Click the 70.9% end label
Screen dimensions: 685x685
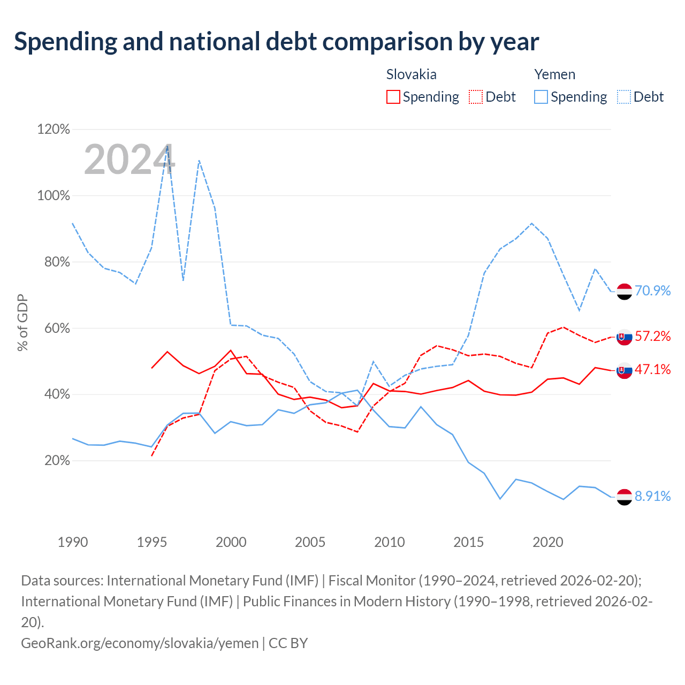pyautogui.click(x=652, y=291)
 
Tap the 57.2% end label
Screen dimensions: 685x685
pyautogui.click(x=652, y=336)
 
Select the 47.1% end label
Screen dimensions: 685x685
pyautogui.click(x=652, y=369)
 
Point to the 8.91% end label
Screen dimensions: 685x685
pyautogui.click(x=652, y=496)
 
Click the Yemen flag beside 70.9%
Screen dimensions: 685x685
pyautogui.click(x=624, y=292)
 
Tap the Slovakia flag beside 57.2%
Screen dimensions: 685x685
pyautogui.click(x=624, y=337)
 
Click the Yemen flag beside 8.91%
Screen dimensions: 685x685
pyautogui.click(x=624, y=497)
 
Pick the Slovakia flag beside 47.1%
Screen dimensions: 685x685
pyautogui.click(x=624, y=370)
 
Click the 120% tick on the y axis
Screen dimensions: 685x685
pyautogui.click(x=54, y=129)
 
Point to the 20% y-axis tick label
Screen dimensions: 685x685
pyautogui.click(x=57, y=461)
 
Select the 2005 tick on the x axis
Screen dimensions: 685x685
pyautogui.click(x=310, y=542)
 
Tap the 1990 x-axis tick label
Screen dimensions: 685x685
pyautogui.click(x=73, y=542)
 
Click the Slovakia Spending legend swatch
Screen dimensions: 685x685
pyautogui.click(x=393, y=97)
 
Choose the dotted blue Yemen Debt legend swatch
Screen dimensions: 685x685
pyautogui.click(x=624, y=97)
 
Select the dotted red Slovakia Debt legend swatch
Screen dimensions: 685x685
pyautogui.click(x=476, y=97)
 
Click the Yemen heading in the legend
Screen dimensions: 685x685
pyautogui.click(x=554, y=74)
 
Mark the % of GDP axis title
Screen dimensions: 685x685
pyautogui.click(x=22, y=322)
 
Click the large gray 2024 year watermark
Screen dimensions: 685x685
pyautogui.click(x=130, y=159)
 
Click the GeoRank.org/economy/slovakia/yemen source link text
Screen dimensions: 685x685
pyautogui.click(x=140, y=643)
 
